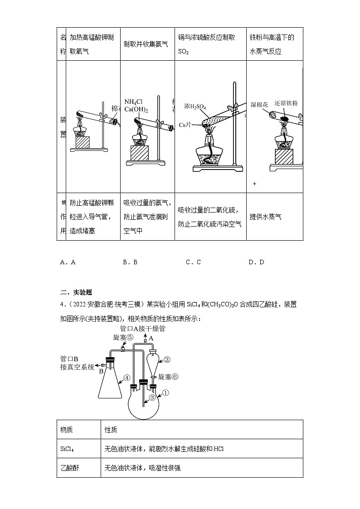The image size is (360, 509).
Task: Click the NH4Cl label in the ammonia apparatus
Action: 133,102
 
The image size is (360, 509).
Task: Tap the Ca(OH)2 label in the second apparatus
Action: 136,109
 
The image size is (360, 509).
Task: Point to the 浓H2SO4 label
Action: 195,107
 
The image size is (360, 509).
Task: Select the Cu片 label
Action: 186,124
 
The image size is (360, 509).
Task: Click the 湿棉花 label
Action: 259,104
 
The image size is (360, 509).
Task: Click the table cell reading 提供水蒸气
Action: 265,217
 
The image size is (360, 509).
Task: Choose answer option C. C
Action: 193,262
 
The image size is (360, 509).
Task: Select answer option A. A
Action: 68,262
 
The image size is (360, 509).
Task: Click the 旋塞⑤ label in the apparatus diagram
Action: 122,338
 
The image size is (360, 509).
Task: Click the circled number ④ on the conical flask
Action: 127,377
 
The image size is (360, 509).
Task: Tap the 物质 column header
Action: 67,429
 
